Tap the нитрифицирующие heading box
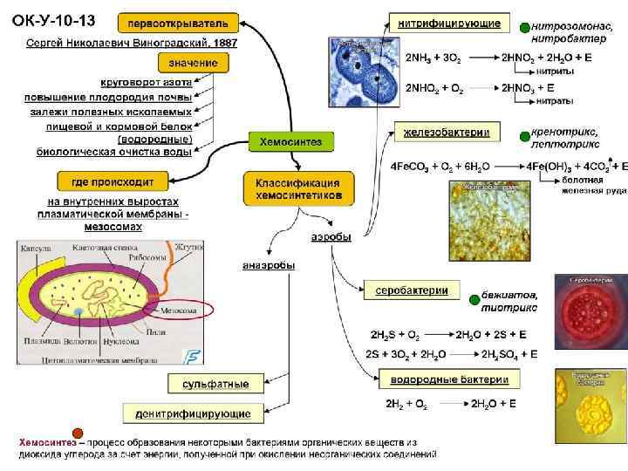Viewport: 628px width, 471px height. (x=450, y=20)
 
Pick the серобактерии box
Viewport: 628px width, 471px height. (x=412, y=290)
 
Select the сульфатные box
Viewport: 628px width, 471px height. (x=215, y=384)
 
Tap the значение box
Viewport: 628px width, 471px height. (x=194, y=62)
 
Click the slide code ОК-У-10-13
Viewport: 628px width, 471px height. (x=55, y=19)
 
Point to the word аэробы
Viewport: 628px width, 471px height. (x=331, y=237)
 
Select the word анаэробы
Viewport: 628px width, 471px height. (x=268, y=265)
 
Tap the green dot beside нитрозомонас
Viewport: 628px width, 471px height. (x=522, y=27)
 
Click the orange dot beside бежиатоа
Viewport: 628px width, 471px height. (x=474, y=295)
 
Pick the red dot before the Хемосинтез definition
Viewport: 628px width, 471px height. (x=78, y=433)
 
